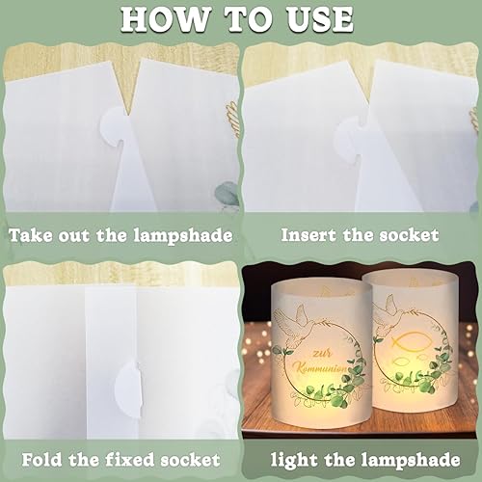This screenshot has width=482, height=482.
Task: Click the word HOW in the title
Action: [x=165, y=19]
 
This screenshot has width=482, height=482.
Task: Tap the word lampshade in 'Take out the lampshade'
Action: [x=183, y=236]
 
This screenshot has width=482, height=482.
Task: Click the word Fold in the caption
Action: [x=41, y=460]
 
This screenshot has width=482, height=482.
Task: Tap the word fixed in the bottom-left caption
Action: [x=131, y=460]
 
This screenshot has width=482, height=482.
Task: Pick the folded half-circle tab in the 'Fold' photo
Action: [x=129, y=388]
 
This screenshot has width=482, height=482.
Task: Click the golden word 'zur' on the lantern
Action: [x=322, y=354]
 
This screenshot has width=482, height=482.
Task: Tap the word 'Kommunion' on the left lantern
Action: [x=322, y=368]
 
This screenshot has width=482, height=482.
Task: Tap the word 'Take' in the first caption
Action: [x=30, y=235]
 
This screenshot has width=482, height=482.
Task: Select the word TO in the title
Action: [x=247, y=19]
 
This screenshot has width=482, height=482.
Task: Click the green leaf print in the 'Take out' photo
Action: [x=228, y=194]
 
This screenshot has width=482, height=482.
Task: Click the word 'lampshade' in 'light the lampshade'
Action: [x=411, y=460]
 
